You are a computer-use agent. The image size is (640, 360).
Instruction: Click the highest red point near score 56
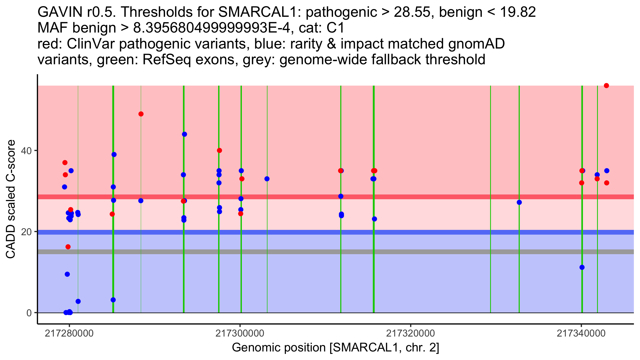[606, 86]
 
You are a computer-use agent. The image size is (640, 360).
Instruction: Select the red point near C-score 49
[141, 114]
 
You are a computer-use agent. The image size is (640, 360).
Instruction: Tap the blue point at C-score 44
[185, 134]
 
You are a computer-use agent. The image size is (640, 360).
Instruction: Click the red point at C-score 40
[219, 150]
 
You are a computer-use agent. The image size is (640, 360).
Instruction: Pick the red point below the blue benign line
[68, 247]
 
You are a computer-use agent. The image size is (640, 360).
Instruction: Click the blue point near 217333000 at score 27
[519, 202]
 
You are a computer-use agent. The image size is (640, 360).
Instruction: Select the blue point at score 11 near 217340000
[582, 267]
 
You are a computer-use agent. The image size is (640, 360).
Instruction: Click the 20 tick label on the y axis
[27, 232]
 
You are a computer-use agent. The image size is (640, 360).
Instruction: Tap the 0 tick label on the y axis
[29, 313]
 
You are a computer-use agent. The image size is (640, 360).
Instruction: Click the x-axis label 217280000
[69, 333]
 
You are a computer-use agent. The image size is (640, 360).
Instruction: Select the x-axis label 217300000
[240, 333]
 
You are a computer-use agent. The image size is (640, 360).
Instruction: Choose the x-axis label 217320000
[411, 333]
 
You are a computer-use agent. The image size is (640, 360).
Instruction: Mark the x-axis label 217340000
[581, 333]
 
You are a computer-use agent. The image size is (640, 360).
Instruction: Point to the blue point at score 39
[114, 155]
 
